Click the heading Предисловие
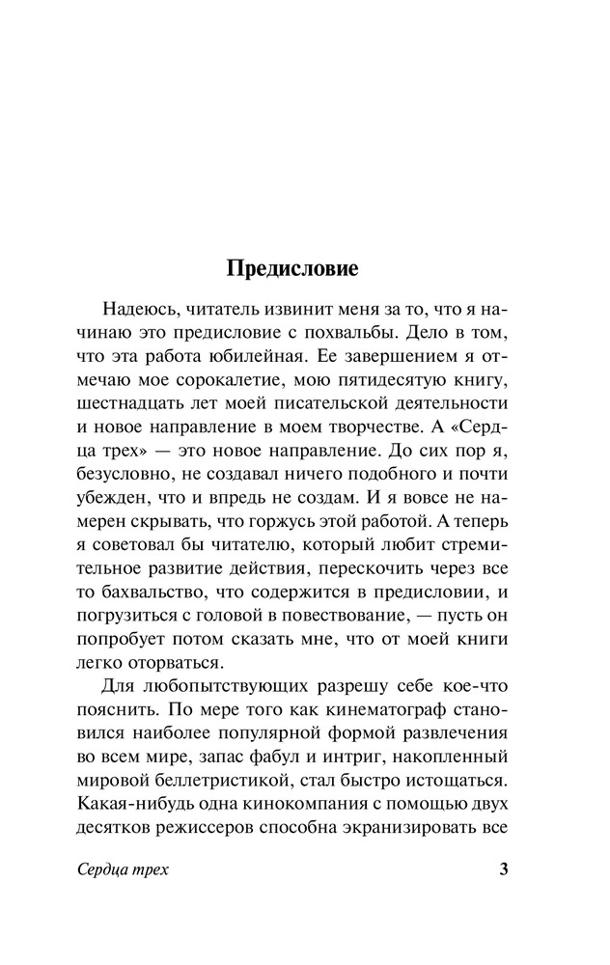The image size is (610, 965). (x=292, y=268)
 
